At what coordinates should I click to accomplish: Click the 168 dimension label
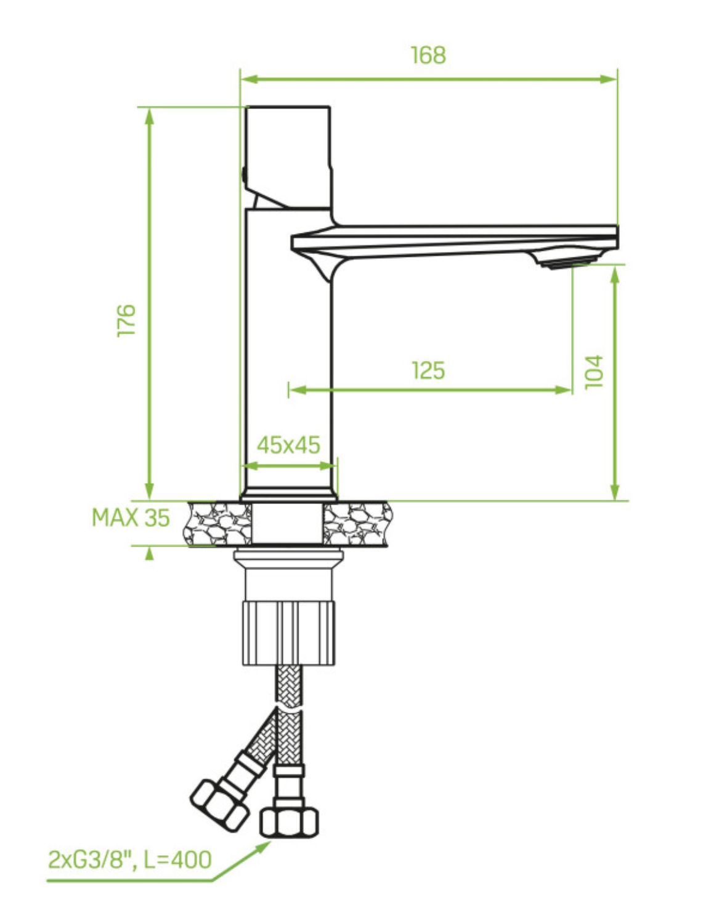click(x=428, y=55)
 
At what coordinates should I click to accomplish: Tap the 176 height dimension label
click(x=126, y=320)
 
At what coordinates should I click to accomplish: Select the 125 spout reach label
click(x=428, y=370)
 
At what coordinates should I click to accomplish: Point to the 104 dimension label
click(x=594, y=372)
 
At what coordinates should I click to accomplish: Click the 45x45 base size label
click(x=288, y=445)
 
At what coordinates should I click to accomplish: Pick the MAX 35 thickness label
click(x=131, y=518)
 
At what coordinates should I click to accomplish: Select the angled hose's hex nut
click(x=219, y=804)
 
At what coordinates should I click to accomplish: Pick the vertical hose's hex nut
click(x=289, y=821)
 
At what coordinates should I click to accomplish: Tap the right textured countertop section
click(x=358, y=524)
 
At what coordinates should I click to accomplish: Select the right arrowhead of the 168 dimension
click(x=608, y=79)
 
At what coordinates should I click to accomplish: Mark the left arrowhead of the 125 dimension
click(x=298, y=390)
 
